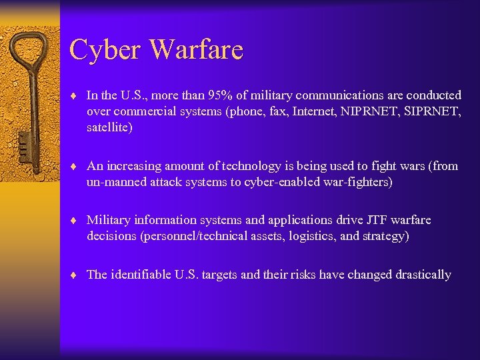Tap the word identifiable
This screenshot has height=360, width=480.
point(141,275)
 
